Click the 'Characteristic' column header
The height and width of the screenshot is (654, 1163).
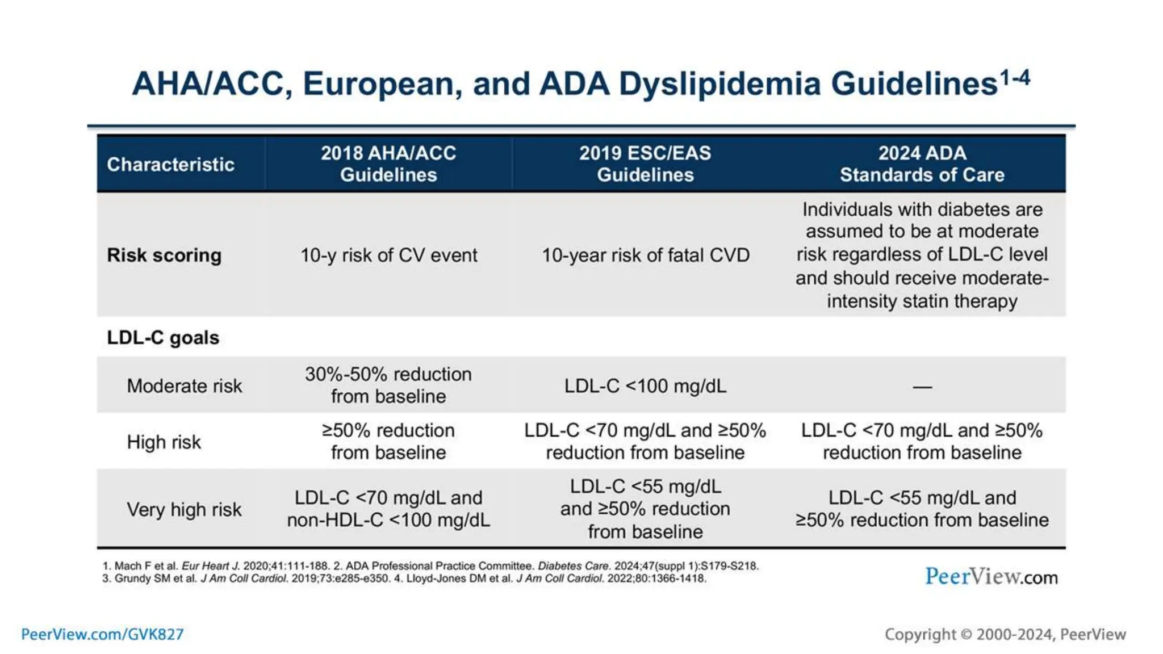[170, 164]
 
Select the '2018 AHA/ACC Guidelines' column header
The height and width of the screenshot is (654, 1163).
[388, 163]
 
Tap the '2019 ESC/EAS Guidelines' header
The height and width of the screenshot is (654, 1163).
[645, 163]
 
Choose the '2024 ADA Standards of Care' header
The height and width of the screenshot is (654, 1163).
[922, 163]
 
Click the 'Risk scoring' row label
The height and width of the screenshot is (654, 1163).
[164, 255]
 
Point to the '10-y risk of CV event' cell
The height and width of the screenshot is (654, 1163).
[388, 255]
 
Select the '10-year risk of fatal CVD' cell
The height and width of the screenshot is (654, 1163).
[645, 255]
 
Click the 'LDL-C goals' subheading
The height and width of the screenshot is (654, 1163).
[163, 337]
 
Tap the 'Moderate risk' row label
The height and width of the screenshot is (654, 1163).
[184, 386]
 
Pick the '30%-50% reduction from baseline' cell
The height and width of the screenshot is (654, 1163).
[388, 385]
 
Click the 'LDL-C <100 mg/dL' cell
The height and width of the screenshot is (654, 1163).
[645, 386]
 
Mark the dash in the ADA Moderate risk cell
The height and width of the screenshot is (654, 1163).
[922, 387]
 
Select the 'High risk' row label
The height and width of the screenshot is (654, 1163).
[164, 442]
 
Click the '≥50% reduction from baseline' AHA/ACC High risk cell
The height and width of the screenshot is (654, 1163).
[388, 441]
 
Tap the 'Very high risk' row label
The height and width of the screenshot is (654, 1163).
[184, 509]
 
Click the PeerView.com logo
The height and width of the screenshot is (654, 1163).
[991, 577]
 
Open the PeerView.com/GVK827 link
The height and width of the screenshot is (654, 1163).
[102, 634]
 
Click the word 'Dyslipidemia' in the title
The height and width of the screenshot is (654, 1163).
[719, 83]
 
